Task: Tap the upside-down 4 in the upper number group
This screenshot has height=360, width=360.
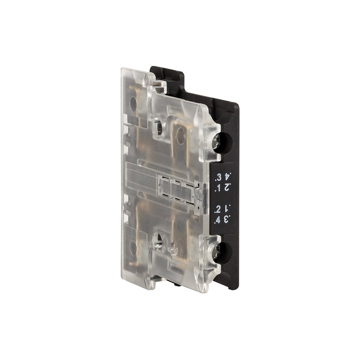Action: [x=227, y=177]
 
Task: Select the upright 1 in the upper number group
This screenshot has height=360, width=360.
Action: [x=219, y=189]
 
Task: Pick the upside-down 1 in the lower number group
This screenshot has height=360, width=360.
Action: [x=226, y=209]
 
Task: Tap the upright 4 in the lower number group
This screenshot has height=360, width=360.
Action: [x=218, y=220]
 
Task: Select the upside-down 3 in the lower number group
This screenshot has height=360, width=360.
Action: [x=226, y=219]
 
